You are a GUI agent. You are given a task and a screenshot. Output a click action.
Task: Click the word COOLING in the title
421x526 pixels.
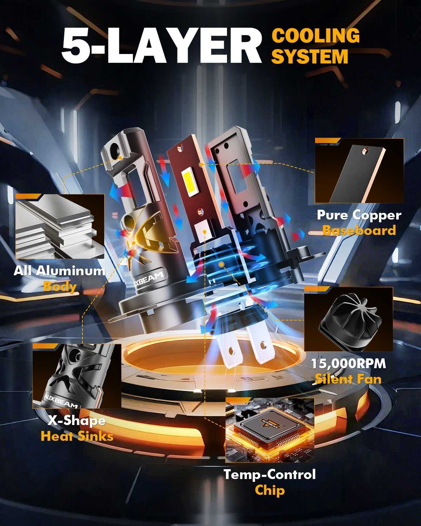point(315,36)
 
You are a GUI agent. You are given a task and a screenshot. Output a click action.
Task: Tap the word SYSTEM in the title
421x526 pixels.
point(310,56)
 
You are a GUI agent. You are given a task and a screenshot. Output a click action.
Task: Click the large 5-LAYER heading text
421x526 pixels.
point(161,46)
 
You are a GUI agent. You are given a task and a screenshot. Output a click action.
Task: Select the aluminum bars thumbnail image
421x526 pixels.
point(60,226)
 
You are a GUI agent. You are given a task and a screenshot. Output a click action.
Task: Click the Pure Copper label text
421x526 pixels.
point(359,215)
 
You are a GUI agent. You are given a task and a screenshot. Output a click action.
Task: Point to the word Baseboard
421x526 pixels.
point(359,230)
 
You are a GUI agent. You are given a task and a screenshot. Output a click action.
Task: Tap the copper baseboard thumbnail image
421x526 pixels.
point(359,171)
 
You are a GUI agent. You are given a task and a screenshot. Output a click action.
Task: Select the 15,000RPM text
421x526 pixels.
point(348,363)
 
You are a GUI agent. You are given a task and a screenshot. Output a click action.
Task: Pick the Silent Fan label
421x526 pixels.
point(348,379)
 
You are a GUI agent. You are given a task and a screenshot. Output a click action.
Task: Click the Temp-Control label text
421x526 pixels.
point(269,474)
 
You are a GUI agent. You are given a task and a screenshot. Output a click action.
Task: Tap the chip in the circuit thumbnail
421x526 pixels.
point(269,427)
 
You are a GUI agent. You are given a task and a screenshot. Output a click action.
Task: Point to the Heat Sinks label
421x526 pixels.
point(77,436)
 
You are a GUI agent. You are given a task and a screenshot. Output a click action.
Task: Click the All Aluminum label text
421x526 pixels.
point(59,271)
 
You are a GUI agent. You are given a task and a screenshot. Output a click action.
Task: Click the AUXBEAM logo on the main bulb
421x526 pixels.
point(149,280)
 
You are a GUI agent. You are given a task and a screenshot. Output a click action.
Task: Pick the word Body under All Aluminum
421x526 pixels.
point(60,287)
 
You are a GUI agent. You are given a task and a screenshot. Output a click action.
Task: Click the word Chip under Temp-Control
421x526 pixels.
point(269,491)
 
